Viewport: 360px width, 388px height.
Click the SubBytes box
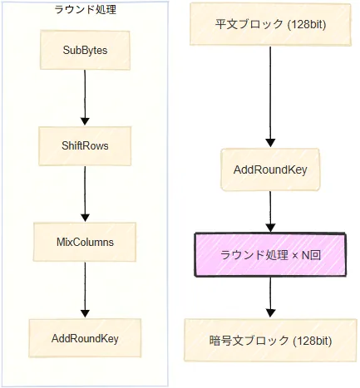(x=85, y=50)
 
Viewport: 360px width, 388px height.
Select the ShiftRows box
(x=85, y=146)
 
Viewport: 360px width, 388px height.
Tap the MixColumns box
(x=85, y=242)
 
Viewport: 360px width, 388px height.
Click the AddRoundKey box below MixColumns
(x=85, y=338)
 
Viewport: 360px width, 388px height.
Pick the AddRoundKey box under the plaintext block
(x=270, y=169)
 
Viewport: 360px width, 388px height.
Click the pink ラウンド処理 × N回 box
(x=270, y=255)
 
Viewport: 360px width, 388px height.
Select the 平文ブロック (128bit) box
(x=270, y=24)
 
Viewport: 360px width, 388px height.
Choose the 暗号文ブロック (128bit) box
(x=270, y=341)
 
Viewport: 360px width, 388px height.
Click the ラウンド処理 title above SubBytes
(x=85, y=10)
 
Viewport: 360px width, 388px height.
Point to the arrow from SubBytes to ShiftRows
(x=85, y=97)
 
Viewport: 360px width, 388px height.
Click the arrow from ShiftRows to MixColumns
(x=85, y=194)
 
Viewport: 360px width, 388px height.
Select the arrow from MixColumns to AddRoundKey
(x=85, y=290)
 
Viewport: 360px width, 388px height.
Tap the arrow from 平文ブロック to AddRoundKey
(x=270, y=96)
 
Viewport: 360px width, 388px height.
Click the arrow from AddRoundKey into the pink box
(x=270, y=212)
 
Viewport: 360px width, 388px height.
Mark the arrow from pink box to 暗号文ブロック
(x=270, y=297)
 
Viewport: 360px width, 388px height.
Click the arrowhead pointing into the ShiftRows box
(x=85, y=121)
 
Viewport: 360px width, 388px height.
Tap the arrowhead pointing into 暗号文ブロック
(x=270, y=313)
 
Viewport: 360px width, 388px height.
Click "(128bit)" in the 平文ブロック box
(x=307, y=25)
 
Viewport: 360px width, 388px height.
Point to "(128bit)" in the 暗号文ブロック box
(x=313, y=341)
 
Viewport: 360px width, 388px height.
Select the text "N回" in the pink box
(x=311, y=255)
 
